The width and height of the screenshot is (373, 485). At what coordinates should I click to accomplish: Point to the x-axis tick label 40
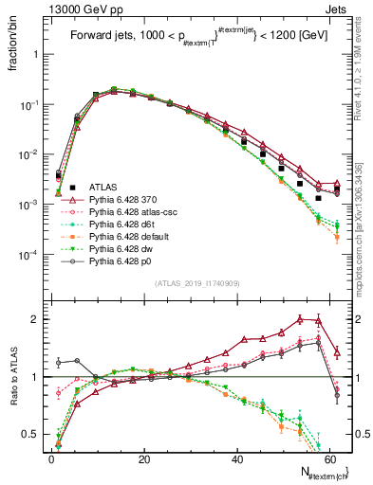coord(236,459)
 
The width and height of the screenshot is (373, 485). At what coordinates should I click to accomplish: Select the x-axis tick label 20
coord(143,459)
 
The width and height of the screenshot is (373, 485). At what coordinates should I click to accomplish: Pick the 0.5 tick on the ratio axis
coord(33,435)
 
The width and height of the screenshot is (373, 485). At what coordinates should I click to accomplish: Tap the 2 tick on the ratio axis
coord(37,319)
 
